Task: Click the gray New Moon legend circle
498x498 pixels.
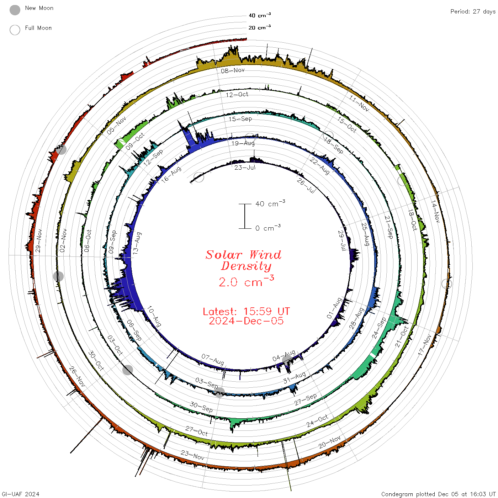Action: tap(15, 10)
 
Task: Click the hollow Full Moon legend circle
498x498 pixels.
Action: tap(15, 30)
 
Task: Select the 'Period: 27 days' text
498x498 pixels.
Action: tap(473, 12)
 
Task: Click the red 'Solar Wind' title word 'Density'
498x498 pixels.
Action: tap(246, 266)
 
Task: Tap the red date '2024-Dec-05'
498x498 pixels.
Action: tap(246, 321)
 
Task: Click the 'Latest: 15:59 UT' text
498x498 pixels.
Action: tap(246, 311)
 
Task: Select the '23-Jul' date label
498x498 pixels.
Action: tap(245, 168)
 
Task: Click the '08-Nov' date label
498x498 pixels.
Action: tap(233, 70)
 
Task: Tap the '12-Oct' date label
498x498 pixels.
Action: tap(237, 95)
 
